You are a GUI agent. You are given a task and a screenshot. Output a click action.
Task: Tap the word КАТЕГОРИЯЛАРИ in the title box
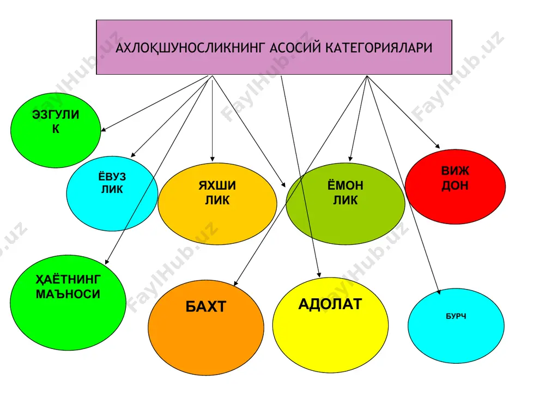pos(379,47)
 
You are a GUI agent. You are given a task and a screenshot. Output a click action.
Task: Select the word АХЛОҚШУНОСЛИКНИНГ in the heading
pos(190,48)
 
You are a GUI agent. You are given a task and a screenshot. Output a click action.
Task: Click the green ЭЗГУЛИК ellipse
pos(56,130)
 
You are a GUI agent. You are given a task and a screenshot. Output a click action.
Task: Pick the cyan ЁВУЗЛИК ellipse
pos(112,194)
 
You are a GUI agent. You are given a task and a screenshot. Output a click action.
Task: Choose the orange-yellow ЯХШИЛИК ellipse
pos(217,203)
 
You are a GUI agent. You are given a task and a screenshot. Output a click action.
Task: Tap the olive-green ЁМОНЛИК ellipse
pos(345,203)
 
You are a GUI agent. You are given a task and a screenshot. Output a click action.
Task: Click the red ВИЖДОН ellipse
pos(455,187)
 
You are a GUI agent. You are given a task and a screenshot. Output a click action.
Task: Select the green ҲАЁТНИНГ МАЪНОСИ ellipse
pos(68,303)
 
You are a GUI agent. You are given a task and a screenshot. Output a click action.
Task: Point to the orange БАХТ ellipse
pos(206,328)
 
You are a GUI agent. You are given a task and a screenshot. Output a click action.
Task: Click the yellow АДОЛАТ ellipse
pos(330,325)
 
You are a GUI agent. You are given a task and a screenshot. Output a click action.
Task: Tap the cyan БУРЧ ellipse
pos(456,326)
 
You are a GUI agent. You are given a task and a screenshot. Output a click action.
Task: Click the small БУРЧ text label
pos(456,316)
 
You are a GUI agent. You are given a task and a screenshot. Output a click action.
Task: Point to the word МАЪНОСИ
pos(68,294)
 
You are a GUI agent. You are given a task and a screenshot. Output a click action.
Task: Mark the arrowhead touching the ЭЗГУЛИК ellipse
pos(103,129)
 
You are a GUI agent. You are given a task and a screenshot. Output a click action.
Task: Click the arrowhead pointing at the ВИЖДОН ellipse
pos(438,146)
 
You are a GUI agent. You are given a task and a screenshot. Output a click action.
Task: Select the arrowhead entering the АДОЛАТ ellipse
pos(319,274)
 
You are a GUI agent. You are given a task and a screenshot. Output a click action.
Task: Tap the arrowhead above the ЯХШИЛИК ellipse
pos(213,159)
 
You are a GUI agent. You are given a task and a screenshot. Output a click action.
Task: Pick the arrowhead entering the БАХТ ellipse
pos(236,283)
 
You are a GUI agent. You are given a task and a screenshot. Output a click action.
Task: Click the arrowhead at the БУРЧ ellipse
pos(439,292)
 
